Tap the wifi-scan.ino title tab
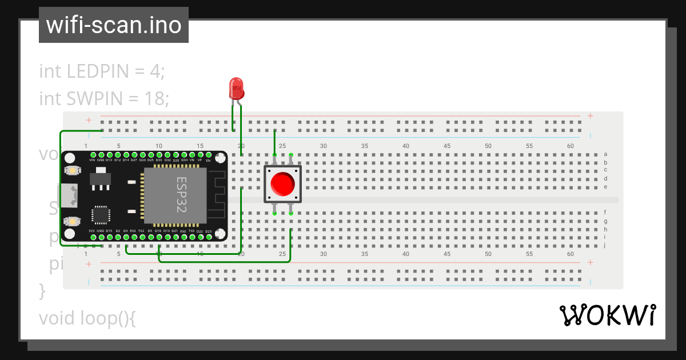pos(114,25)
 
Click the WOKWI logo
pos(607,315)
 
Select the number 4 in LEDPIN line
pos(155,71)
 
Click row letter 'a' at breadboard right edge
pos(605,154)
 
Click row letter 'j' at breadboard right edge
pos(605,245)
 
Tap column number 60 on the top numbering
pos(570,146)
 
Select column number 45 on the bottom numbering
pos(446,254)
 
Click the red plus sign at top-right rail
pos(590,116)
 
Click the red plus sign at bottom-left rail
pos(89,264)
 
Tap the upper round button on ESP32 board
pos(72,170)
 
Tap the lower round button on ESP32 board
pos(72,221)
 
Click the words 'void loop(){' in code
pos(87,318)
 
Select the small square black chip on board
pos(101,214)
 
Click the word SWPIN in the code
pos(94,98)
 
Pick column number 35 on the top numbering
pos(364,146)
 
